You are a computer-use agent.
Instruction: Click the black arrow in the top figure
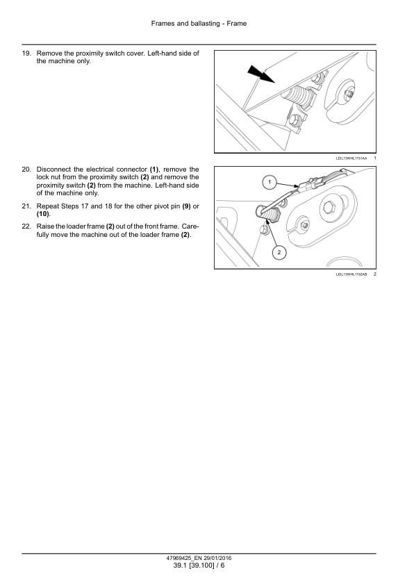261,74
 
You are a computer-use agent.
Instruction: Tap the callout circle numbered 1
270,183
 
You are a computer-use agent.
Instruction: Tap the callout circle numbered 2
279,253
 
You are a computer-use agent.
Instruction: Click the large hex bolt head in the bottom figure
329,206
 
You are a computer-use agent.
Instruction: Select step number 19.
26,53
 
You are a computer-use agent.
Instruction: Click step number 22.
26,226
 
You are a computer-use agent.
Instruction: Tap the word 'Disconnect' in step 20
53,170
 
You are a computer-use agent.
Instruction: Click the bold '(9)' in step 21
186,206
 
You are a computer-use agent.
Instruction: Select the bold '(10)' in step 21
42,214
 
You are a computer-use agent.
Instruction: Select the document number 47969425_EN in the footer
184,558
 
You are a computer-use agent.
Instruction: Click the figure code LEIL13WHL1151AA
351,158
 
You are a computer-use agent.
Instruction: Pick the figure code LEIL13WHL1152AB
351,274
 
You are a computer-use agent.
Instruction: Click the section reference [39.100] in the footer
201,566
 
